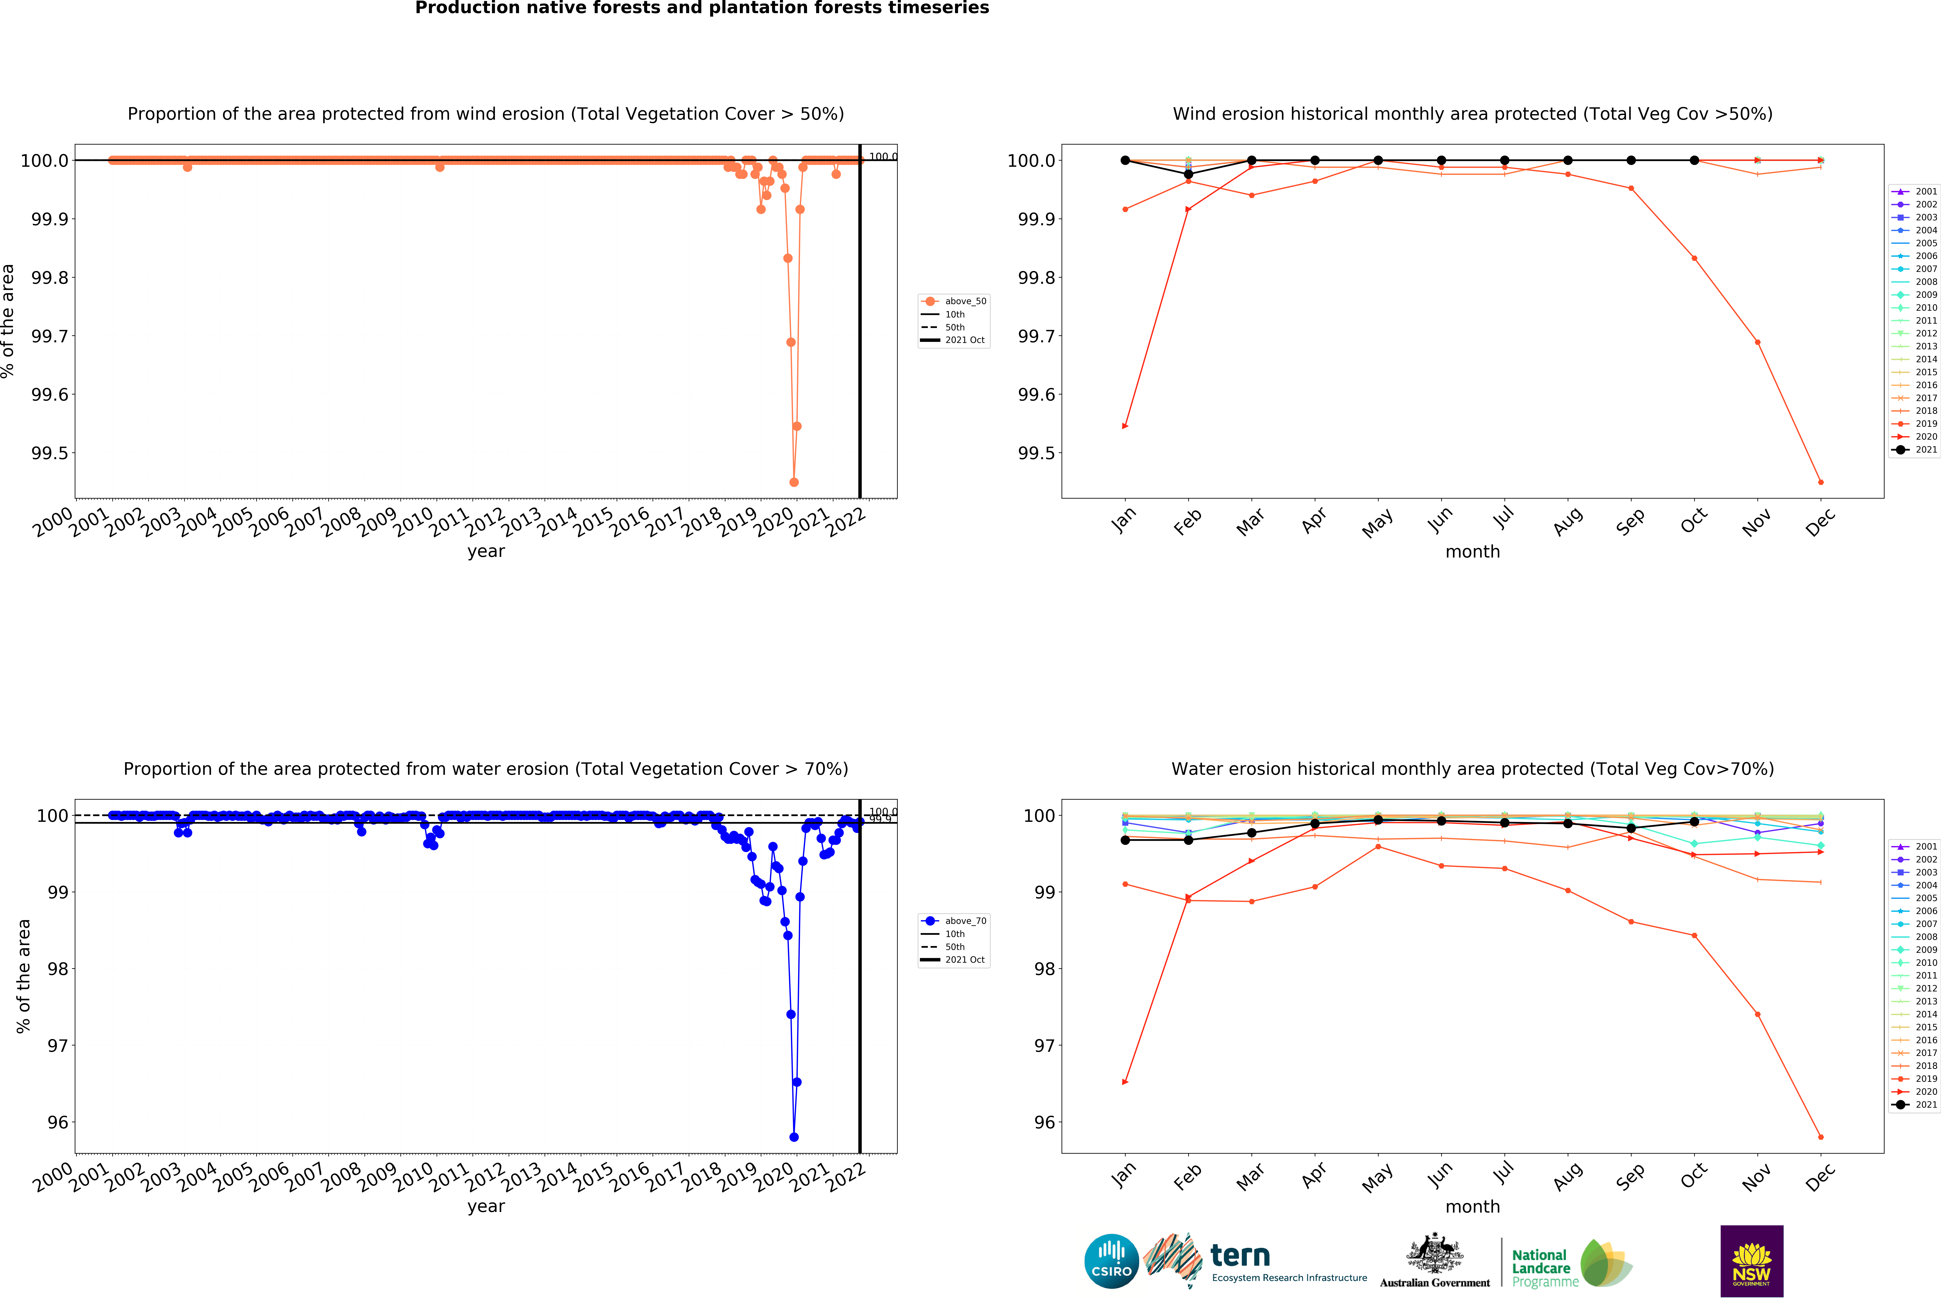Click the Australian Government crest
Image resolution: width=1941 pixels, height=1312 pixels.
click(1434, 1253)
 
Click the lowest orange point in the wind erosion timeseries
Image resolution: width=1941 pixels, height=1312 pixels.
click(793, 482)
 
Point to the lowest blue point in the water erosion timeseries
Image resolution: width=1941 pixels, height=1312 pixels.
click(793, 1137)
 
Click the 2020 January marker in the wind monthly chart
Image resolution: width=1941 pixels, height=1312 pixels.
click(1125, 426)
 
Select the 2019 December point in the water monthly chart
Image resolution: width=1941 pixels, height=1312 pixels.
click(1821, 1137)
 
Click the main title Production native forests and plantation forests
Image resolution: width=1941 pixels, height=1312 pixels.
click(702, 8)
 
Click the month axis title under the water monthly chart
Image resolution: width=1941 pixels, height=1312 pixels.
click(1472, 1207)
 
